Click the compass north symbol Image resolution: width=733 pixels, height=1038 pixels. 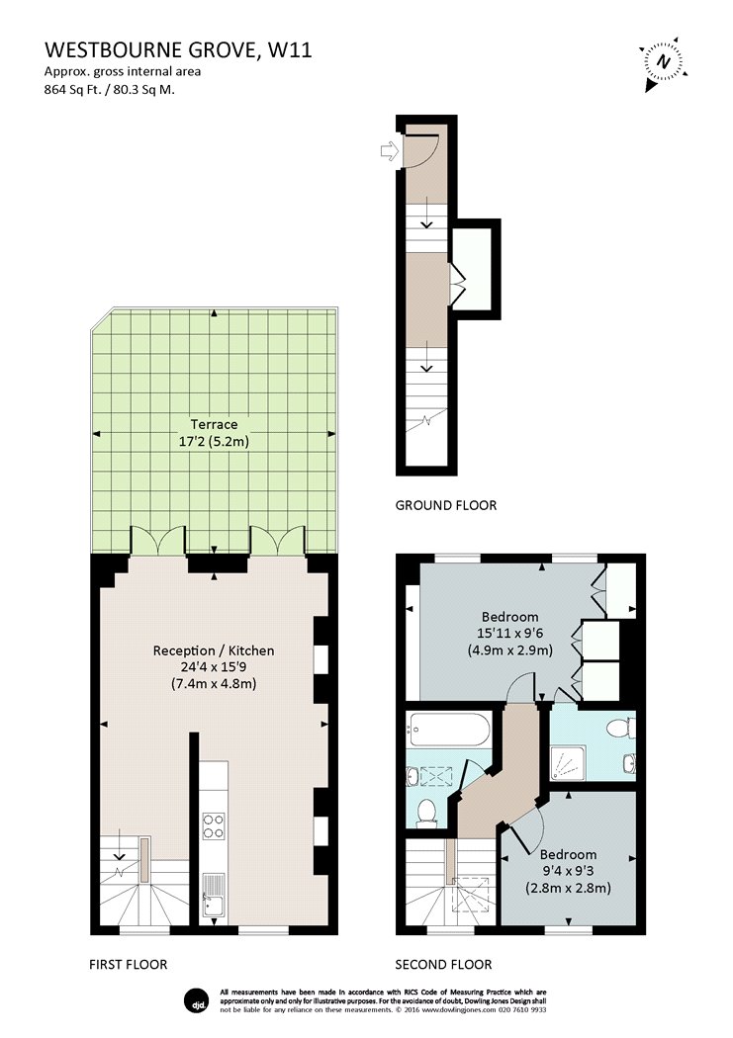pos(663,62)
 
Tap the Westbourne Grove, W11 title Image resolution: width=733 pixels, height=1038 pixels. pos(178,49)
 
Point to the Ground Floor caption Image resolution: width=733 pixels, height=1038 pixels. pos(445,505)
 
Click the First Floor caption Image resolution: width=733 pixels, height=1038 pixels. pos(128,965)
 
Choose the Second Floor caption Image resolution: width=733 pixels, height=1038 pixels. pos(443,965)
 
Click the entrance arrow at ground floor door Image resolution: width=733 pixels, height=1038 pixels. pos(390,151)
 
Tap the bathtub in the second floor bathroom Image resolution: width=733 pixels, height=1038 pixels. pos(448,730)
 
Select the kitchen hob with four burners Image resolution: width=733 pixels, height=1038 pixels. pos(214,824)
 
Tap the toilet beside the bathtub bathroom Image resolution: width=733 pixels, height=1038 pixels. pos(425,812)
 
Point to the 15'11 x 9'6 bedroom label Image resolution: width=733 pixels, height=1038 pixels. pos(509,633)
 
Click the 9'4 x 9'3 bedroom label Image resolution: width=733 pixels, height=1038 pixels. pos(568,871)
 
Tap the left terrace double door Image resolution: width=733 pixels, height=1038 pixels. pos(158,540)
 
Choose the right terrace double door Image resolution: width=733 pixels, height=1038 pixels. pos(277,540)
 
